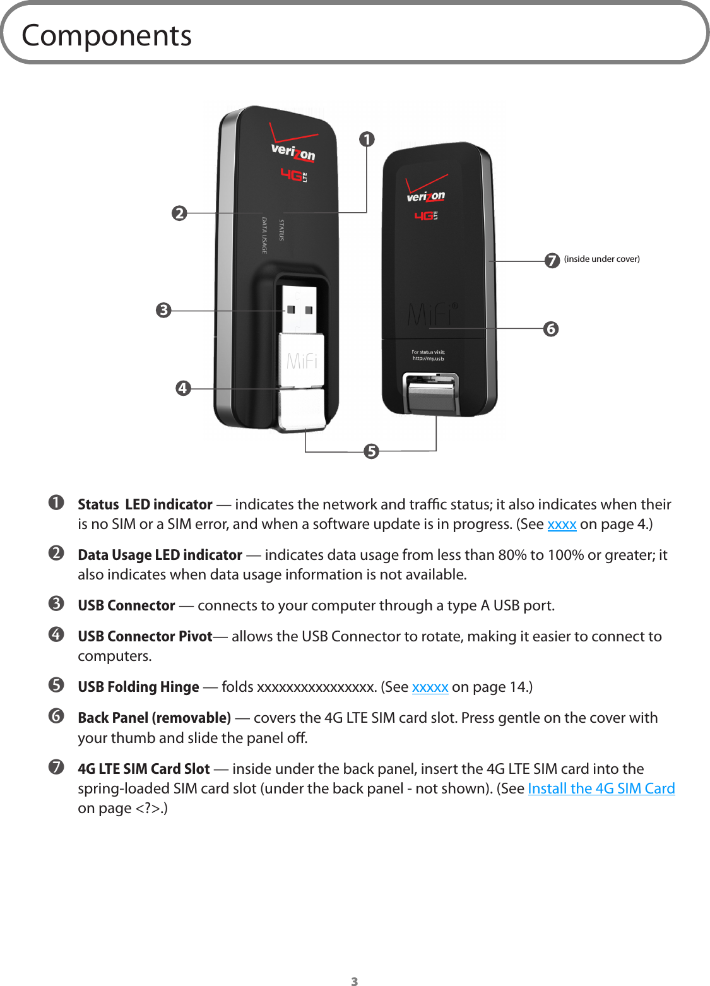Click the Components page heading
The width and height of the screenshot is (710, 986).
(x=106, y=35)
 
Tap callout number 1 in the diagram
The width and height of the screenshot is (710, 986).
(x=367, y=139)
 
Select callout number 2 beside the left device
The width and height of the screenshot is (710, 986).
(x=180, y=213)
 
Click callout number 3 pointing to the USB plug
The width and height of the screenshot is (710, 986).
(x=164, y=310)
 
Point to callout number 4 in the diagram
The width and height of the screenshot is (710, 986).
(x=183, y=388)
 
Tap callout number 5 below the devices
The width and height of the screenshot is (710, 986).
(x=371, y=451)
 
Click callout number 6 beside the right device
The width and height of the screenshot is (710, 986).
(x=551, y=329)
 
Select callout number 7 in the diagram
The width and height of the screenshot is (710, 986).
(x=552, y=260)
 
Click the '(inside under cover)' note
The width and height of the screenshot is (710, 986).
(x=601, y=259)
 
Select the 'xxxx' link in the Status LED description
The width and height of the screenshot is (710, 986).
(x=562, y=524)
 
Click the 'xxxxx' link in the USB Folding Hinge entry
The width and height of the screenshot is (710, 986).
(x=430, y=687)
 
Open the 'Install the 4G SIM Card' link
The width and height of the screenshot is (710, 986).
(x=601, y=788)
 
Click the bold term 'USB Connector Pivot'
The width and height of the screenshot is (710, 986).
(x=145, y=636)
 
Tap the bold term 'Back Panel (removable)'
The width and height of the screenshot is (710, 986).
(x=154, y=718)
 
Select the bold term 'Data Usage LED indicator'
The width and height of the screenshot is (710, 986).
(x=160, y=555)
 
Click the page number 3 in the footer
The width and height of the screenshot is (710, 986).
(x=355, y=981)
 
